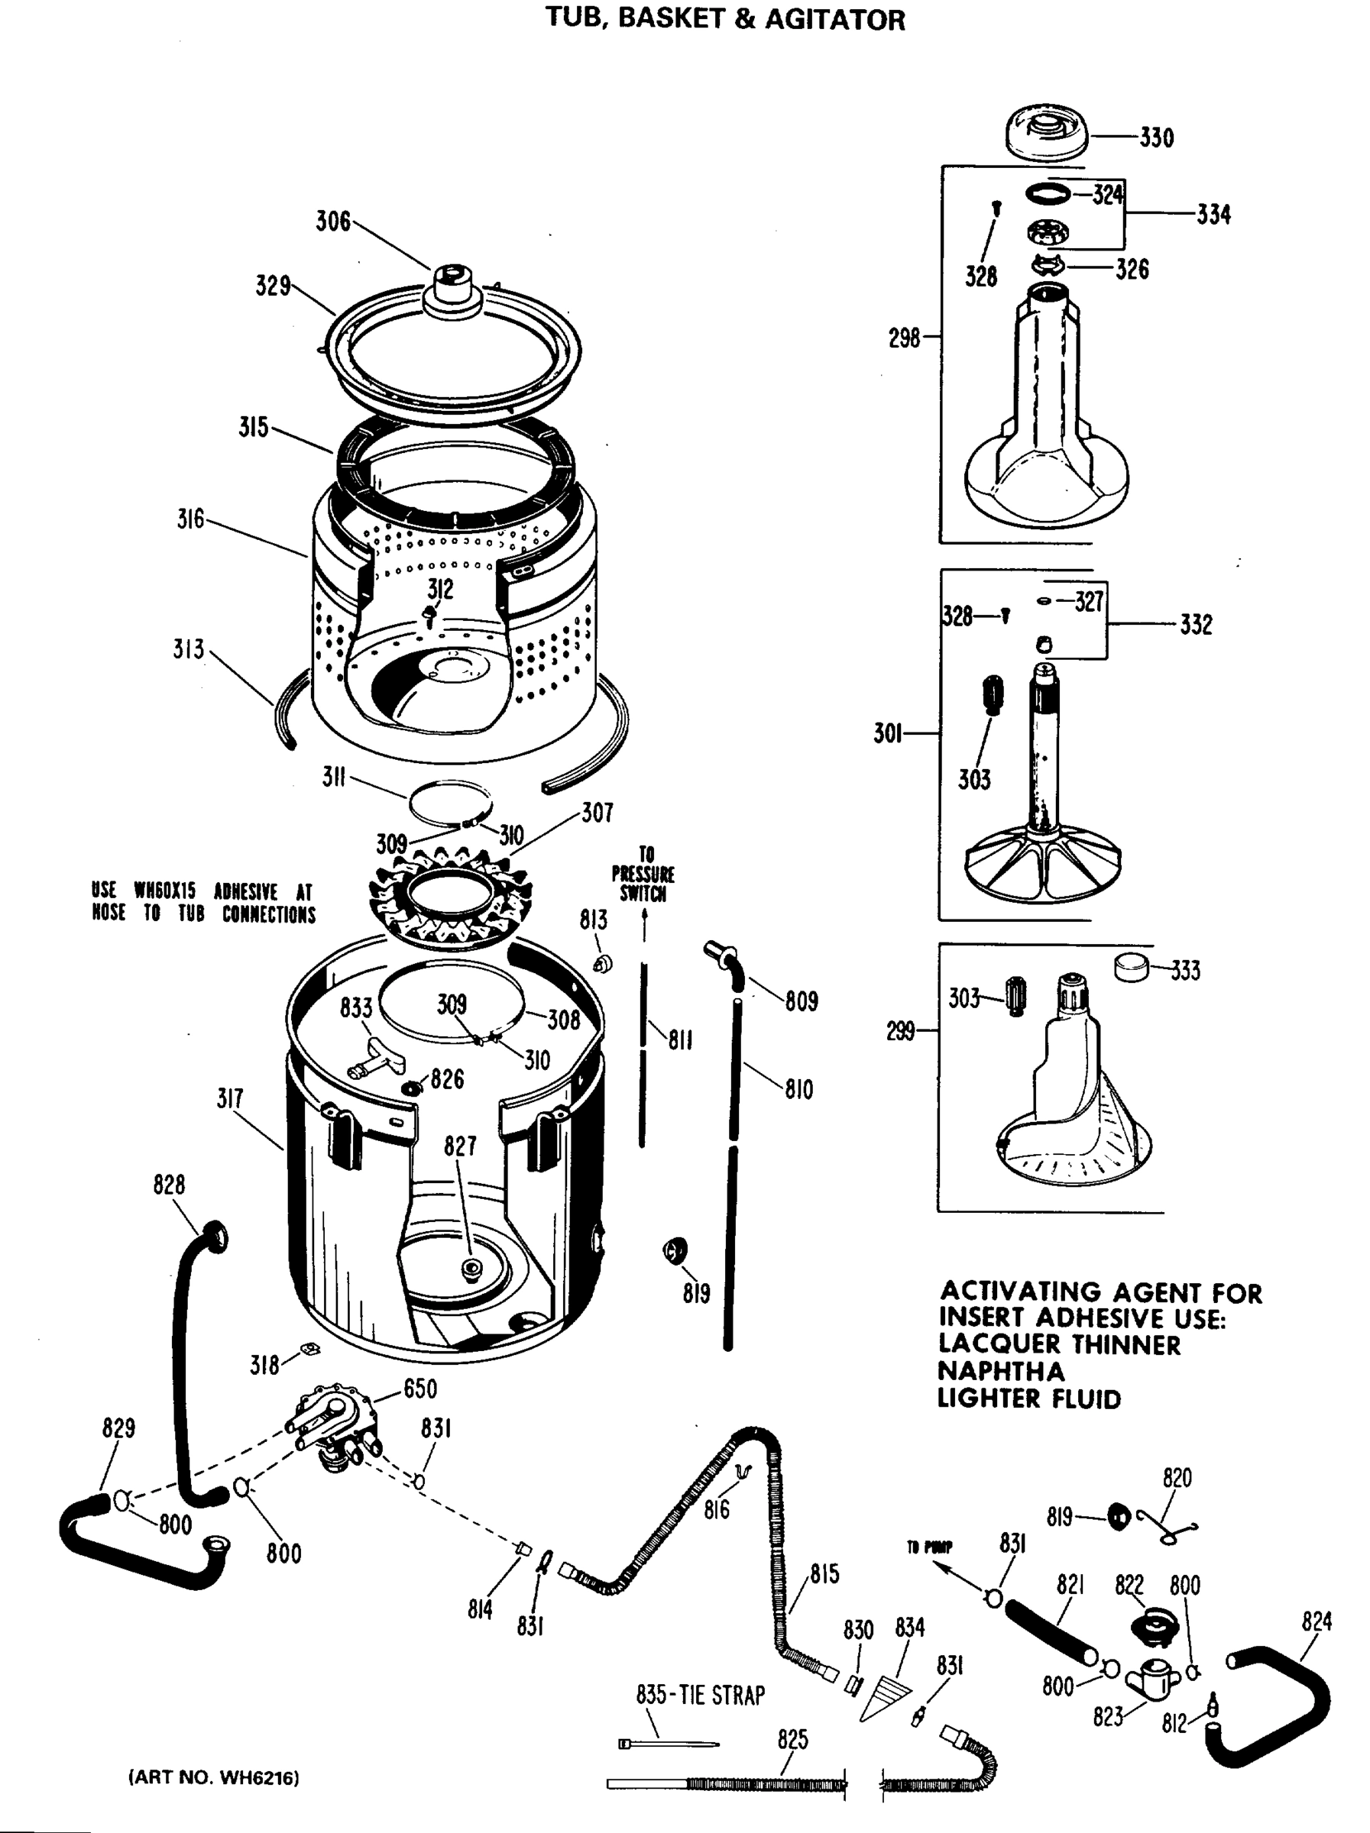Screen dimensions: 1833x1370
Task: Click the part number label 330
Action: [1156, 137]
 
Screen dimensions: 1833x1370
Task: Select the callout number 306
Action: [333, 222]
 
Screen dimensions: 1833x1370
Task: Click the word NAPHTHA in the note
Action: [1000, 1372]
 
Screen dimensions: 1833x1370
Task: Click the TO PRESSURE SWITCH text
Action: [643, 874]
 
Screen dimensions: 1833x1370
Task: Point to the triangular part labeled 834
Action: [884, 1696]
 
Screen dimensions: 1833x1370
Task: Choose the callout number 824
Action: [1316, 1621]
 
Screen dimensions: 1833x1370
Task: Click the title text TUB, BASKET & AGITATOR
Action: [725, 18]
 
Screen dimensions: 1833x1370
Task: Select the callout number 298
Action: [904, 338]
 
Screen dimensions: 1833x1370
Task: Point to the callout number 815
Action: [824, 1573]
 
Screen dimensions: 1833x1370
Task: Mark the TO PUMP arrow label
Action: [930, 1547]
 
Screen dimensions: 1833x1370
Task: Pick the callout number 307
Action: [597, 813]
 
